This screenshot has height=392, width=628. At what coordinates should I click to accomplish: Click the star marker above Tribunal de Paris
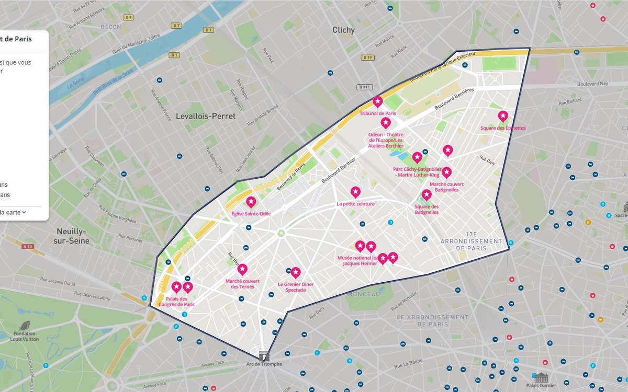click(x=377, y=101)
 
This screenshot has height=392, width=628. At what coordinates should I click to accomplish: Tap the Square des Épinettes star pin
click(x=502, y=116)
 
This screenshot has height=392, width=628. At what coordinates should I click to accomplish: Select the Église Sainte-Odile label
click(x=251, y=213)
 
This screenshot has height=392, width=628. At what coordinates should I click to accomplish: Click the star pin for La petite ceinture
click(x=355, y=192)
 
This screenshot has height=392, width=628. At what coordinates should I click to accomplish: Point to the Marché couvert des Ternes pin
click(x=242, y=270)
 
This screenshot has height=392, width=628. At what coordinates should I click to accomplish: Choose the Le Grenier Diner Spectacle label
click(x=296, y=287)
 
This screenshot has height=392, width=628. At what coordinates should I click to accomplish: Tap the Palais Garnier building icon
click(x=541, y=377)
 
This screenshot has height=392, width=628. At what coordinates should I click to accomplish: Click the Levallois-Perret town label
click(x=206, y=116)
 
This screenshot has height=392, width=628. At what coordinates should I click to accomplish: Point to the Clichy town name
click(x=343, y=30)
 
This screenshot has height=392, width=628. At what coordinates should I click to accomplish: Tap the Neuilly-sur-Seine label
click(x=73, y=236)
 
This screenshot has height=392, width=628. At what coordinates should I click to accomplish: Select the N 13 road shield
click(x=28, y=246)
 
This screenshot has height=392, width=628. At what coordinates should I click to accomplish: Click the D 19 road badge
click(x=367, y=57)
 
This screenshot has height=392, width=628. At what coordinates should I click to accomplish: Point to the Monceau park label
click(x=363, y=294)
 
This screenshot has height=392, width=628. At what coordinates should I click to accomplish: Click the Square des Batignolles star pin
click(x=427, y=195)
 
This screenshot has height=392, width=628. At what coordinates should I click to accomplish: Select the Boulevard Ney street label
click(x=592, y=84)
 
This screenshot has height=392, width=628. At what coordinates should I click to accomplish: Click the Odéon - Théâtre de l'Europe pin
click(x=386, y=123)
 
